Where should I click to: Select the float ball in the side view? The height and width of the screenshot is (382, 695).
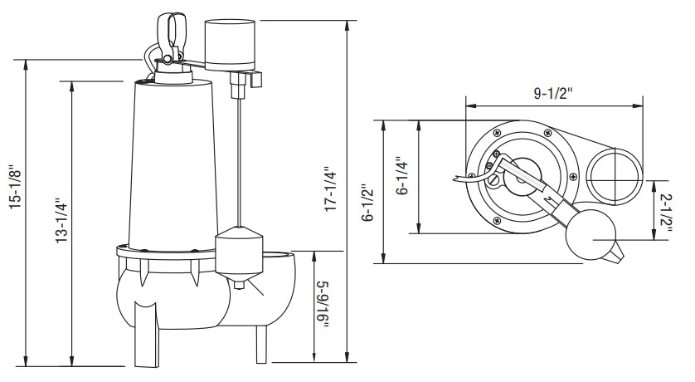tap(239, 252)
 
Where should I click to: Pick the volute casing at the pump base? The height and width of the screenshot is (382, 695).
tap(207, 295)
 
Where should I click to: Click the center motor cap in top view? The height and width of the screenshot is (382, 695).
tap(518, 174)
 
